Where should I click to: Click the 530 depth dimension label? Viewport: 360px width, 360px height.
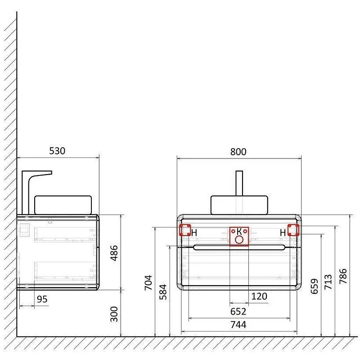pos(57,151)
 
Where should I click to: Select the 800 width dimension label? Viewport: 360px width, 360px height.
pos(238,152)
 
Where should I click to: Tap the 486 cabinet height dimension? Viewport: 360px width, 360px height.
pos(114,253)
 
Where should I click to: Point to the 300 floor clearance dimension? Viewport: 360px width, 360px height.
pos(114,314)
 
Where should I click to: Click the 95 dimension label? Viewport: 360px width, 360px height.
pos(42,299)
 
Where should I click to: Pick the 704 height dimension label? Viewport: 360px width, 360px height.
pos(148,283)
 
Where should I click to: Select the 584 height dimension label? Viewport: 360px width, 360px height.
pos(163,292)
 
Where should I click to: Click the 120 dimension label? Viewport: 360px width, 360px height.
pos(259,297)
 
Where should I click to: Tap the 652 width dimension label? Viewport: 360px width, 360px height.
pos(238,311)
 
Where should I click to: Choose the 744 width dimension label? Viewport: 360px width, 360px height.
pos(238,324)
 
